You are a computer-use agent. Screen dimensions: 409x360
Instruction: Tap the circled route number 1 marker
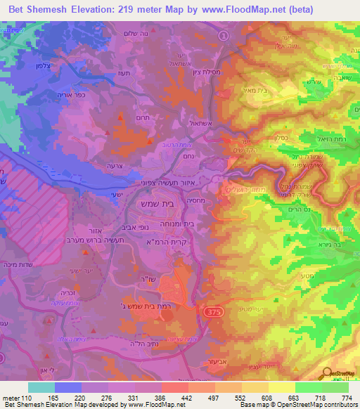click(224, 35)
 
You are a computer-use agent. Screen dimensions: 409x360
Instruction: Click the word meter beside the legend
click(10, 398)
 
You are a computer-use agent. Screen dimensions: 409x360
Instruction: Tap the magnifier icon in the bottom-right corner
click(328, 375)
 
